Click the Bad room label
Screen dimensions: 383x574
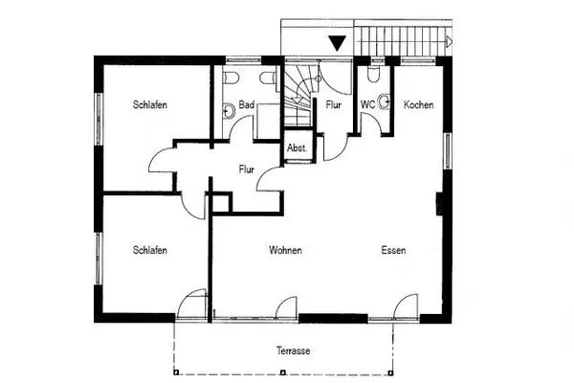(x=246, y=104)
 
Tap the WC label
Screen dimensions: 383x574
(x=367, y=104)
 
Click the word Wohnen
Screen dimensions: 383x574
(x=285, y=251)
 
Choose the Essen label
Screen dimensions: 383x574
(x=393, y=251)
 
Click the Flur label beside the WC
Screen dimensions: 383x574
(x=334, y=104)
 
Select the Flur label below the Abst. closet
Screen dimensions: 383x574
(x=247, y=170)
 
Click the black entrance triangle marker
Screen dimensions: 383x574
(x=337, y=42)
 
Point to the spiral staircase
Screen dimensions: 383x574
(x=298, y=91)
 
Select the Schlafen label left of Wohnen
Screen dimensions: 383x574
(x=151, y=251)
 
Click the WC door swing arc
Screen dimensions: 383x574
(x=369, y=123)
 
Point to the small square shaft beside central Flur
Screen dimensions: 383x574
(x=221, y=202)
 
